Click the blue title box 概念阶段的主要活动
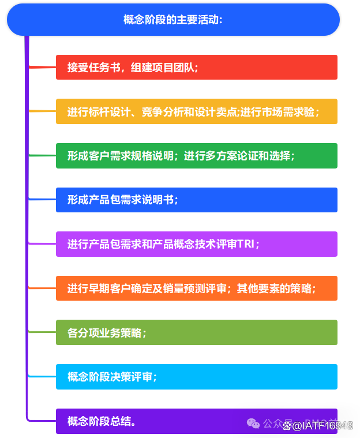pyautogui.click(x=173, y=20)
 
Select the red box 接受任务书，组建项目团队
pyautogui.click(x=196, y=67)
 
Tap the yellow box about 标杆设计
pyautogui.click(x=196, y=111)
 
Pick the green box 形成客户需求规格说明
pyautogui.click(x=196, y=156)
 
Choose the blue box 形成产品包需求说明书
pyautogui.click(x=196, y=200)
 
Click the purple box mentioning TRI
pyautogui.click(x=196, y=244)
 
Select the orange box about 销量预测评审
pyautogui.click(x=196, y=289)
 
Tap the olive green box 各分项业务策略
pyautogui.click(x=196, y=333)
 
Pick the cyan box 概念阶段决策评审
pyautogui.click(x=196, y=377)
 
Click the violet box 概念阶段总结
pyautogui.click(x=196, y=421)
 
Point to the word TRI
pyautogui.click(x=246, y=244)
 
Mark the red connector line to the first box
pyautogui.click(x=42, y=67)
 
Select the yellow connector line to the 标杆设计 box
pyautogui.click(x=42, y=111)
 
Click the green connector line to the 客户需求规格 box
pyautogui.click(x=42, y=156)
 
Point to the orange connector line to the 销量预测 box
pyautogui.click(x=42, y=289)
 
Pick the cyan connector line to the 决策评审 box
pyautogui.click(x=42, y=377)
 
